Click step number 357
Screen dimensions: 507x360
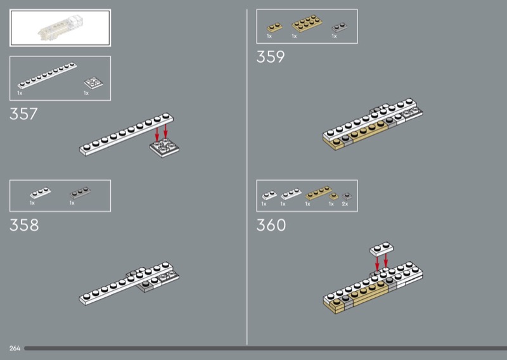23,114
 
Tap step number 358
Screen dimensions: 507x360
24,225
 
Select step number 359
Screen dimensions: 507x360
271,57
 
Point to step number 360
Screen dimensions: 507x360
271,225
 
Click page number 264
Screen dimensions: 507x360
15,349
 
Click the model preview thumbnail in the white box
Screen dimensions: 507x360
60,28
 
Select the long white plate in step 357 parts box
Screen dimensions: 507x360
47,75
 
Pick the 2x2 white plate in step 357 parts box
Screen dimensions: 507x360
93,83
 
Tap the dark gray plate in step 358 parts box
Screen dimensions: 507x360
80,193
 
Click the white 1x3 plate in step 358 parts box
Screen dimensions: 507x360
41,193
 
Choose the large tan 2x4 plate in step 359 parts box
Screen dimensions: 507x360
307,23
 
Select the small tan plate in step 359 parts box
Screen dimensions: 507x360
274,27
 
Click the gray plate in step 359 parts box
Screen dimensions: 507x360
340,27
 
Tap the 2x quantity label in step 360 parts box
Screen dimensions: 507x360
345,204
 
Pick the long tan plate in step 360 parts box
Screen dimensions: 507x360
319,193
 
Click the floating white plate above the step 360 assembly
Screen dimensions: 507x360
382,249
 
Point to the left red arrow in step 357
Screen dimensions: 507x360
157,134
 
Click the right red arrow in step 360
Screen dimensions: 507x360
386,260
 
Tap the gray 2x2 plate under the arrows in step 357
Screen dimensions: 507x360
165,148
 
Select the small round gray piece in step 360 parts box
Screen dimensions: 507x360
347,196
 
